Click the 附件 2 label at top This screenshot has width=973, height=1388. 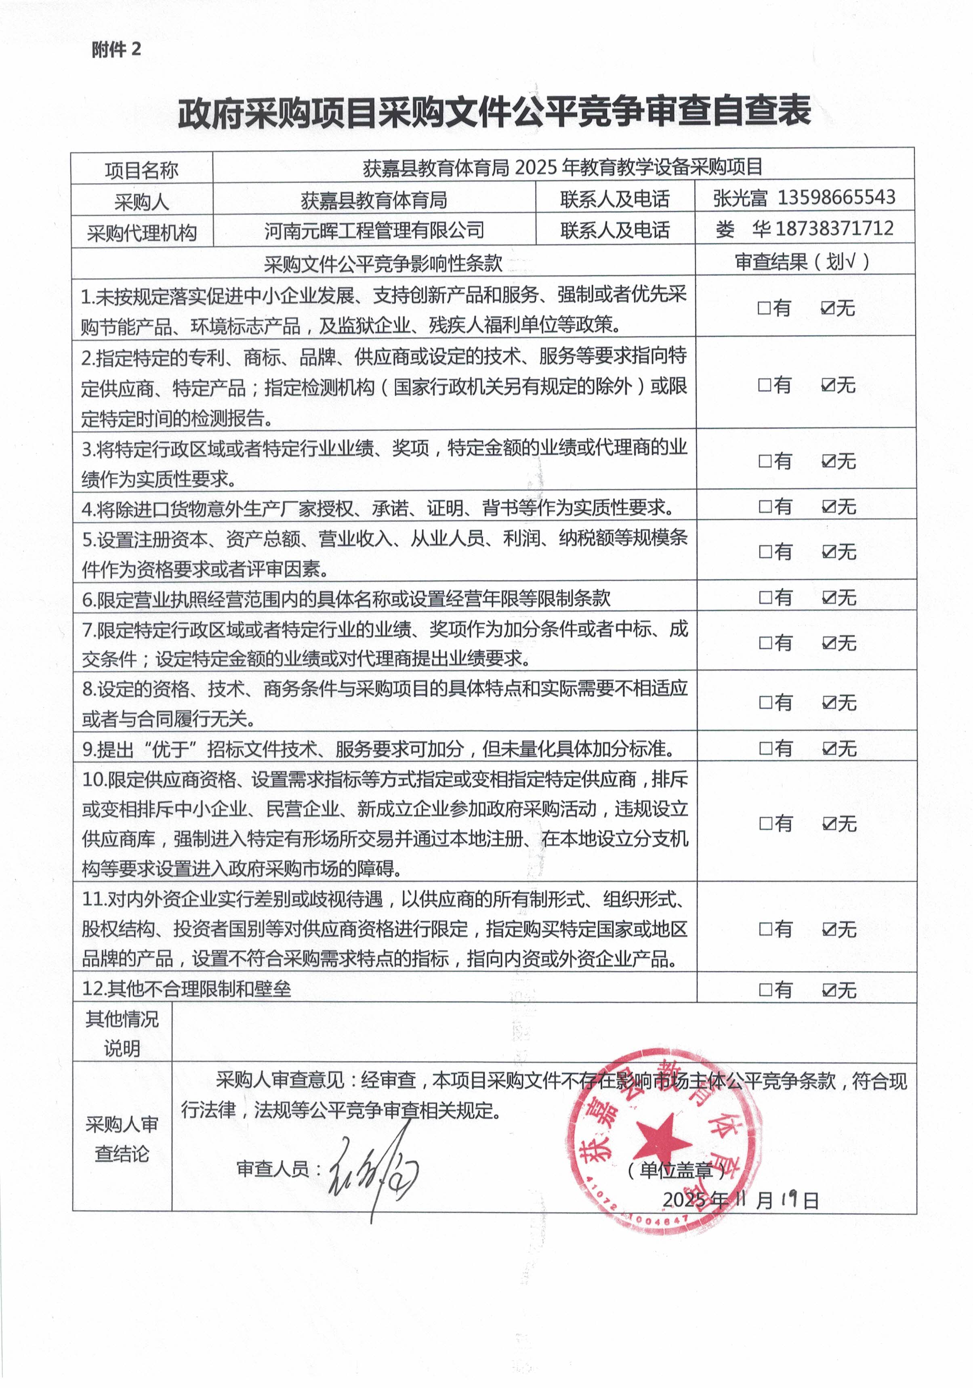(116, 50)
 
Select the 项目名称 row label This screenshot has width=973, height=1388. (141, 170)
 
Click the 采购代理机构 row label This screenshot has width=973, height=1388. (141, 233)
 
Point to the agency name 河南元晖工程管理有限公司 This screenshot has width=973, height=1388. (374, 230)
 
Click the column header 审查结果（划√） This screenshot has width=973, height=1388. (803, 261)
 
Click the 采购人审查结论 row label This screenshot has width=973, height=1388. (122, 1139)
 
